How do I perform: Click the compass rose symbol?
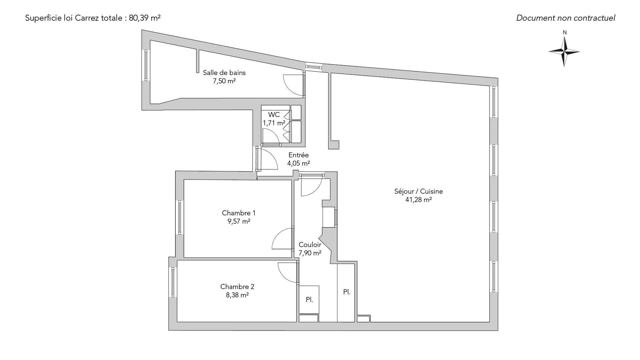(x=564, y=52)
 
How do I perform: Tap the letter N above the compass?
(x=565, y=33)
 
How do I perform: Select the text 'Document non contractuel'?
(x=566, y=18)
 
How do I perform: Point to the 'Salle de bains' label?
(x=224, y=73)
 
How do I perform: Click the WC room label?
(x=274, y=115)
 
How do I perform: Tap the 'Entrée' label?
(x=299, y=155)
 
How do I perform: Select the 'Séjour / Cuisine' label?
(x=419, y=191)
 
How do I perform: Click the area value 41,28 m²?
(x=419, y=200)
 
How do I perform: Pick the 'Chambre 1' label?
(x=239, y=213)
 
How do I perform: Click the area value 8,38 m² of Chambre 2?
(x=237, y=295)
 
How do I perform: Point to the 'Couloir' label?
(x=310, y=245)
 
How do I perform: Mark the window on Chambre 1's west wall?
(x=180, y=217)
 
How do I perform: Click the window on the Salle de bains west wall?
(x=146, y=65)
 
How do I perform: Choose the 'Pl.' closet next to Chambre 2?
(x=309, y=300)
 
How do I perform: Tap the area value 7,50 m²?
(x=224, y=81)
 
